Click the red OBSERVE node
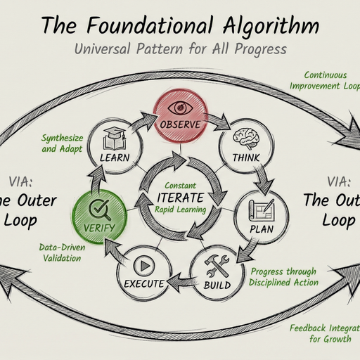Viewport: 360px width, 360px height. coord(180,116)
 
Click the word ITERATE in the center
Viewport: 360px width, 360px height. coord(181,196)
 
